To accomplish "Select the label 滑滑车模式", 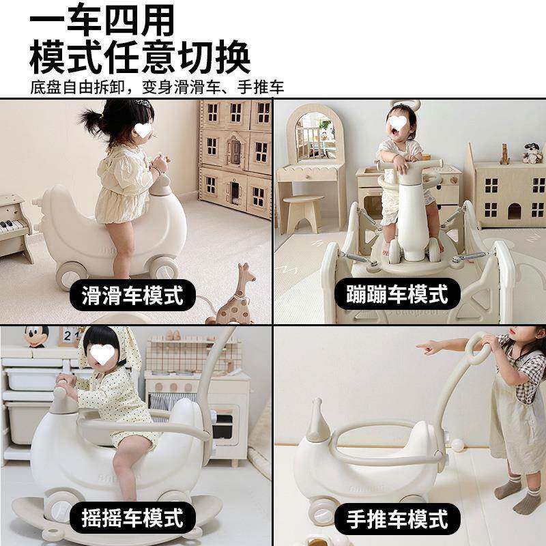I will pos(133,296).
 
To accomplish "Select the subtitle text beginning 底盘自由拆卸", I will pos(156,87).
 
